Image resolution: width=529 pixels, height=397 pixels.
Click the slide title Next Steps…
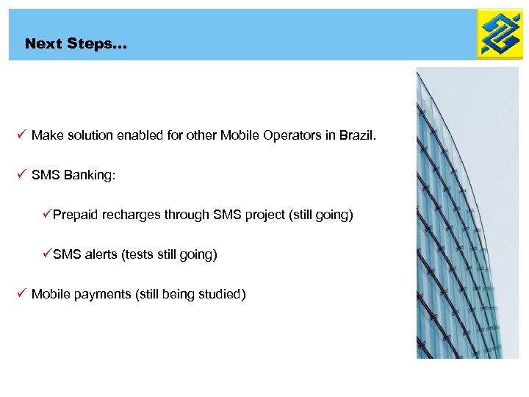(x=76, y=44)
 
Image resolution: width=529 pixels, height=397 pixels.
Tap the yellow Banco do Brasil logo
(x=499, y=34)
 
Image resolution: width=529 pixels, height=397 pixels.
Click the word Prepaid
(x=76, y=215)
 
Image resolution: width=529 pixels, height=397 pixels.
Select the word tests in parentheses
(x=140, y=255)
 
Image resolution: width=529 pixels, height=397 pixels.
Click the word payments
(x=102, y=295)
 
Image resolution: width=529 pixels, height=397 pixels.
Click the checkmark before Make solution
(x=21, y=135)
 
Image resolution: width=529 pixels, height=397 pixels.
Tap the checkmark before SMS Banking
(x=21, y=175)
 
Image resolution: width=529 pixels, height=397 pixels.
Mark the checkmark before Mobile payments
(x=21, y=294)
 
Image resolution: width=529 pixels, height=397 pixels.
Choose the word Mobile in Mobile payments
(x=51, y=295)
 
